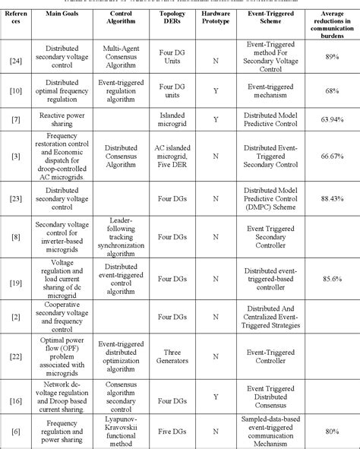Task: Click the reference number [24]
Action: [15, 57]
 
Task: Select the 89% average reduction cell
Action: [330, 57]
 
